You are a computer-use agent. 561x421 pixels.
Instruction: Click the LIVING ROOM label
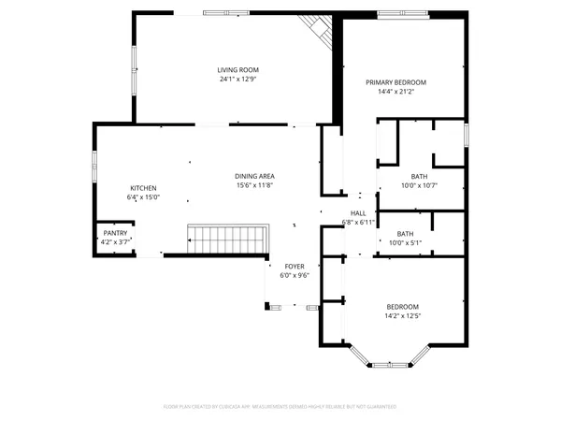click(x=237, y=70)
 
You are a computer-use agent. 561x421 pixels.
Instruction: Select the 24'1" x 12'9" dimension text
click(x=237, y=80)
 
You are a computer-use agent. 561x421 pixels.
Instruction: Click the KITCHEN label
click(x=143, y=188)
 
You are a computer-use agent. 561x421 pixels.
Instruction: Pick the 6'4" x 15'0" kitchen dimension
click(x=143, y=197)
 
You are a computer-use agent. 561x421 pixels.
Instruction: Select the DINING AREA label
click(x=253, y=176)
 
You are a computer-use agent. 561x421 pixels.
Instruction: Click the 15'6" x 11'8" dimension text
click(x=253, y=185)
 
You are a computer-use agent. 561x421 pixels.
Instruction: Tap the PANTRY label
click(x=115, y=233)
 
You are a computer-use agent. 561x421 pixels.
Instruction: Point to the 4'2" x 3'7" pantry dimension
click(x=115, y=242)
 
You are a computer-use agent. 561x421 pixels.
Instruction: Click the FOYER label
click(x=295, y=267)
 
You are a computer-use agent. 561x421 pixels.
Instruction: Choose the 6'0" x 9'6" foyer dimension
click(x=295, y=276)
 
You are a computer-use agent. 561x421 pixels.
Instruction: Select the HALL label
click(x=358, y=213)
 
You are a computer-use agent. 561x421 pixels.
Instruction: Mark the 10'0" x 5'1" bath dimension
click(x=405, y=243)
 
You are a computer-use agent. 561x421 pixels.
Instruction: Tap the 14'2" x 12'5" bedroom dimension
click(x=403, y=316)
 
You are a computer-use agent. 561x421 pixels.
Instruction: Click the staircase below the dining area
click(x=228, y=239)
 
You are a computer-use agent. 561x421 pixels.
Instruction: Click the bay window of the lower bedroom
click(x=386, y=359)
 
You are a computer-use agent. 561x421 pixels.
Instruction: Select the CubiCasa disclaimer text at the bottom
click(x=280, y=407)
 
